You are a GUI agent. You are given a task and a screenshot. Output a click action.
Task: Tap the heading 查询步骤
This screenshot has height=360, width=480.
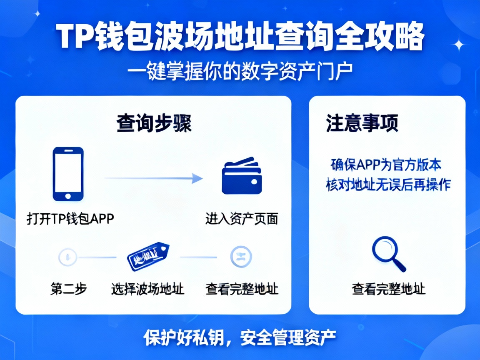[154, 124]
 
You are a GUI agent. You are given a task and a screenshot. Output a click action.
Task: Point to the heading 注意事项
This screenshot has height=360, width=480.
[362, 124]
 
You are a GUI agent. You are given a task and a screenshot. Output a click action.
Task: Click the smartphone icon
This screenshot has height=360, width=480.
[68, 174]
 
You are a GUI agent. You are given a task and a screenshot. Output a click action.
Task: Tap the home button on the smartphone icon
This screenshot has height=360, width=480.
[68, 196]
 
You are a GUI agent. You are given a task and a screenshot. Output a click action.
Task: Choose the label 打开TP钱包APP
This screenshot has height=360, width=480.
[70, 218]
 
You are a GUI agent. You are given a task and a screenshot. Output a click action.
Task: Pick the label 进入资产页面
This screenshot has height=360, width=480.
[242, 218]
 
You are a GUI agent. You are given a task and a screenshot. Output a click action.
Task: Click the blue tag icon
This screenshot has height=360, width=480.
[148, 256]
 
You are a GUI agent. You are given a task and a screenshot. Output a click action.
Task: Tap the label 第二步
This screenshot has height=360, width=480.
[69, 289]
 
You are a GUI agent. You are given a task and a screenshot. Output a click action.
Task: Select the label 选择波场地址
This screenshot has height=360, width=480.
[147, 289]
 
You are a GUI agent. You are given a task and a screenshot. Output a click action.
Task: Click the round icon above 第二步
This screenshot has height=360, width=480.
[68, 257]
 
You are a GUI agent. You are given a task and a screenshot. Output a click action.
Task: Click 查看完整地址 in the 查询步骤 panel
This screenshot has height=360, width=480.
[242, 289]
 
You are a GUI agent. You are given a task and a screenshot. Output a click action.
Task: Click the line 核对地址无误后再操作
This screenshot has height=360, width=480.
[388, 185]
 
